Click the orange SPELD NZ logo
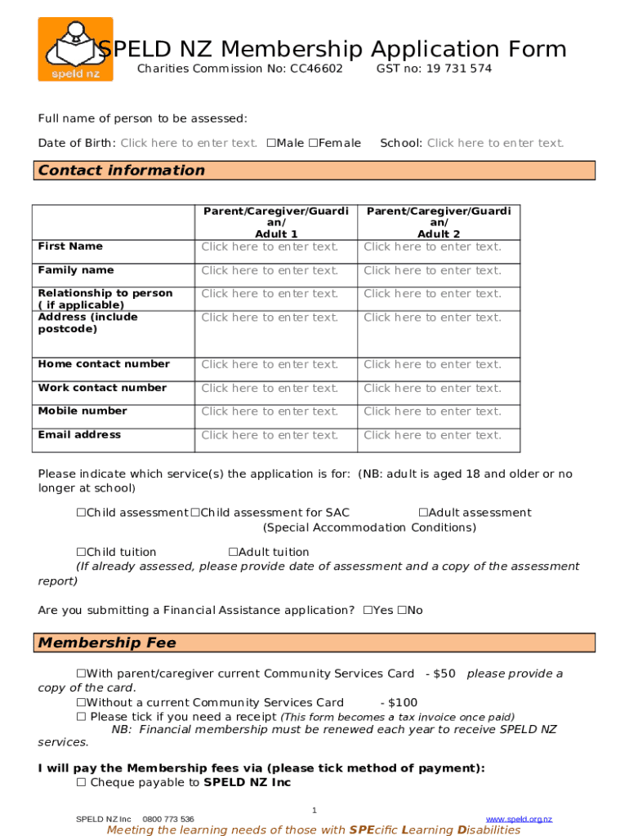click(x=75, y=49)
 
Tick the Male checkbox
click(x=270, y=144)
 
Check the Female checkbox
click(x=313, y=144)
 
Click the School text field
click(x=495, y=144)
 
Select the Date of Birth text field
click(x=189, y=144)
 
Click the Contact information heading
click(x=122, y=171)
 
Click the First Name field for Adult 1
click(x=270, y=247)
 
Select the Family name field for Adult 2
click(x=432, y=270)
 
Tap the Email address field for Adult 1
click(x=270, y=435)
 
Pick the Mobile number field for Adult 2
click(x=432, y=411)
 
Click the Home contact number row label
click(x=104, y=364)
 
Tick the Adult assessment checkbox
click(x=423, y=513)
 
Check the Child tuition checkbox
click(x=81, y=553)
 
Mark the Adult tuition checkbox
click(x=233, y=553)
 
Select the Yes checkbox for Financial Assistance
click(x=368, y=611)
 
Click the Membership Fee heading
click(x=107, y=643)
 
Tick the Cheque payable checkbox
click(x=81, y=783)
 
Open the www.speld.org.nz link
click(x=519, y=819)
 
